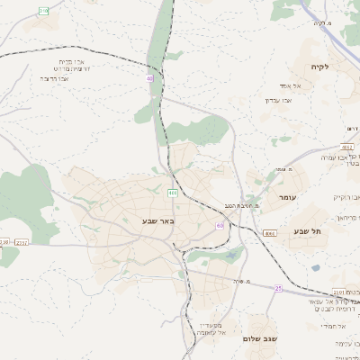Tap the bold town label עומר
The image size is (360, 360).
pyautogui.click(x=288, y=196)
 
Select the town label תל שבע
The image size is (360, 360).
pyautogui.click(x=307, y=231)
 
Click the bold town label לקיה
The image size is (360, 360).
pyautogui.click(x=321, y=67)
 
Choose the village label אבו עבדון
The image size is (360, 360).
pyautogui.click(x=281, y=101)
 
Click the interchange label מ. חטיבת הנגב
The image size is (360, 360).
pyautogui.click(x=242, y=207)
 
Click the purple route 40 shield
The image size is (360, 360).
pyautogui.click(x=150, y=79)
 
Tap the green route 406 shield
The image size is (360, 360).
pyautogui.click(x=171, y=193)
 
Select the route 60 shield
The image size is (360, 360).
pyautogui.click(x=220, y=225)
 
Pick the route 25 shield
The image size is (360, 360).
pyautogui.click(x=278, y=288)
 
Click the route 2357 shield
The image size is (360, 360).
pyautogui.click(x=22, y=242)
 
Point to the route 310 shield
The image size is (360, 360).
pyautogui.click(x=44, y=11)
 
